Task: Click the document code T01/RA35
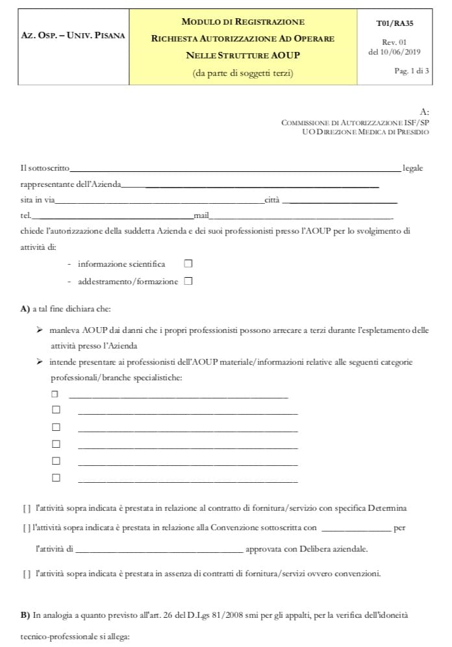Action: click(394, 23)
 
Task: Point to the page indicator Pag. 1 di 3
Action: click(412, 71)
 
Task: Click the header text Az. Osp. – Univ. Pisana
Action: click(73, 37)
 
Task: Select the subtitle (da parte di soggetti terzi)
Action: click(243, 73)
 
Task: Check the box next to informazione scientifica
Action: click(188, 263)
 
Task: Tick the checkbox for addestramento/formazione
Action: click(188, 281)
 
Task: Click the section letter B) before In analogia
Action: click(25, 613)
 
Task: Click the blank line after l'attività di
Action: click(158, 550)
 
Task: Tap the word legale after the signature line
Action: click(413, 169)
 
